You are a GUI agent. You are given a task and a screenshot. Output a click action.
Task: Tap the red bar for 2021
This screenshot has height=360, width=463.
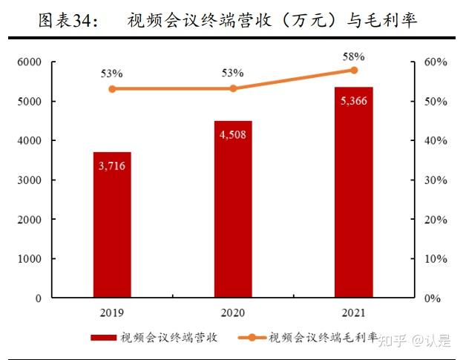(x=353, y=192)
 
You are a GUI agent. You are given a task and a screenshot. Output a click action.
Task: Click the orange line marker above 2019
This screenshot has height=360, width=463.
(x=112, y=89)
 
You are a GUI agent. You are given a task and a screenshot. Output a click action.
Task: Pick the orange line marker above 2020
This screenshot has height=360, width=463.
(x=233, y=88)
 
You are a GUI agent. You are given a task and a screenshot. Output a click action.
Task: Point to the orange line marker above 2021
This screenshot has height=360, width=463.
(x=354, y=71)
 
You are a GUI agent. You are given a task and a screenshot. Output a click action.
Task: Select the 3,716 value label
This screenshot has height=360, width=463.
(x=112, y=166)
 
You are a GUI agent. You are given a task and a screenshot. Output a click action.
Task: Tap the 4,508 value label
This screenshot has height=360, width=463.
(x=233, y=134)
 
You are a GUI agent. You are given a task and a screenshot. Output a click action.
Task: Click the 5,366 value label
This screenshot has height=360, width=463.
(x=353, y=101)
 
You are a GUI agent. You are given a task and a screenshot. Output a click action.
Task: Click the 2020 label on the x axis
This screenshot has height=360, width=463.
(x=233, y=312)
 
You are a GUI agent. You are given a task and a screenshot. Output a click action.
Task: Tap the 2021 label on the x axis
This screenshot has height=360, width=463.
(x=353, y=312)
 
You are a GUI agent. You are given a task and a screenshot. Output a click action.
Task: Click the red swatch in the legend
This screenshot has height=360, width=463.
(x=104, y=338)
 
